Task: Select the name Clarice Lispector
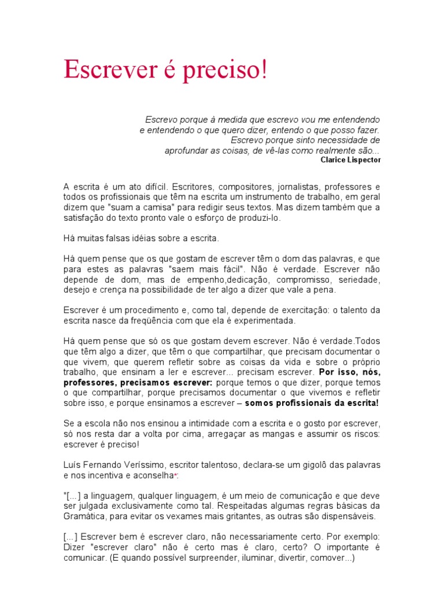coord(350,160)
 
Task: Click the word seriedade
coord(360,279)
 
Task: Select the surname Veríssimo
coord(153,464)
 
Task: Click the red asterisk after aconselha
coord(176,475)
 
